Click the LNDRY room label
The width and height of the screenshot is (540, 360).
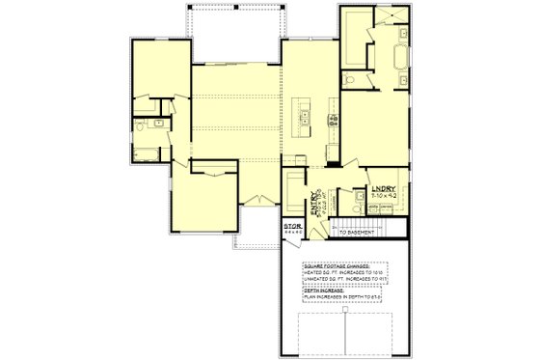click(383, 185)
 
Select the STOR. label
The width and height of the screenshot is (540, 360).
click(292, 227)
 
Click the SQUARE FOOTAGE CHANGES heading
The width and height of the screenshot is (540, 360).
click(337, 265)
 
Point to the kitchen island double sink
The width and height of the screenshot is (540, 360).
click(304, 119)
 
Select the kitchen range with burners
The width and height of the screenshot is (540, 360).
click(335, 120)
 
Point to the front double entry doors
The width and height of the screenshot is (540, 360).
click(255, 200)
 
